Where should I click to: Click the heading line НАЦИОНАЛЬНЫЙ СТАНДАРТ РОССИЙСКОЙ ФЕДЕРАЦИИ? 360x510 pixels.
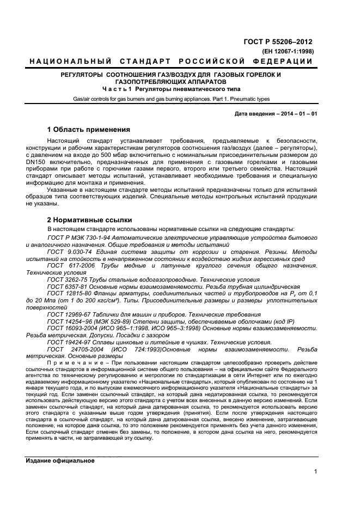point(171,62)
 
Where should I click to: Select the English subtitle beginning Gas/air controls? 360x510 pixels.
point(170,99)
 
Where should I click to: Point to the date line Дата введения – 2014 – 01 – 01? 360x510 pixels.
point(275,114)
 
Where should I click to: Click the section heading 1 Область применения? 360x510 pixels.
point(88,130)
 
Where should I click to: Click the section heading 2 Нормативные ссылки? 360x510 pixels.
point(89,220)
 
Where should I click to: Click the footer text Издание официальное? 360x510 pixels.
point(60,460)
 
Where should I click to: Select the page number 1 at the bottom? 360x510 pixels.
point(315,472)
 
